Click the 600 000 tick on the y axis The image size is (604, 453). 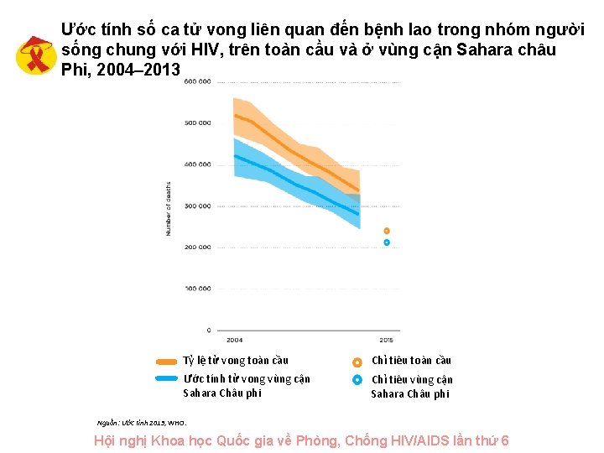pos(197,81)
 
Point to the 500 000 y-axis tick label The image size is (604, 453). pos(197,122)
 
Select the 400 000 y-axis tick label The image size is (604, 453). pos(197,164)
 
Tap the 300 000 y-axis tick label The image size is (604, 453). pos(197,206)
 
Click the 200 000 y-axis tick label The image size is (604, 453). pos(197,247)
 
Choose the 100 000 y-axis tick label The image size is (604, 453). pos(197,288)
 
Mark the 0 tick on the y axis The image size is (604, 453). pos(208,330)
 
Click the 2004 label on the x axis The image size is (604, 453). pos(234,340)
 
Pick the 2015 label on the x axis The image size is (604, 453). pos(386,340)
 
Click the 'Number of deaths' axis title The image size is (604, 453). pos(168,208)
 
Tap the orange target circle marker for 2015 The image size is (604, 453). pos(387,231)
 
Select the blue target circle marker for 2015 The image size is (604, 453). pos(387,242)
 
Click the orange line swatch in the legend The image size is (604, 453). pos(167,362)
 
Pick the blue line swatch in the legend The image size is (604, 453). pos(167,379)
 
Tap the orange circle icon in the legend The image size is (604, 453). pos(357,362)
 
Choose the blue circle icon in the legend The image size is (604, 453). pos(357,379)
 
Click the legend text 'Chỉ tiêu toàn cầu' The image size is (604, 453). pos(411,361)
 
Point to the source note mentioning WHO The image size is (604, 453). pos(142,422)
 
